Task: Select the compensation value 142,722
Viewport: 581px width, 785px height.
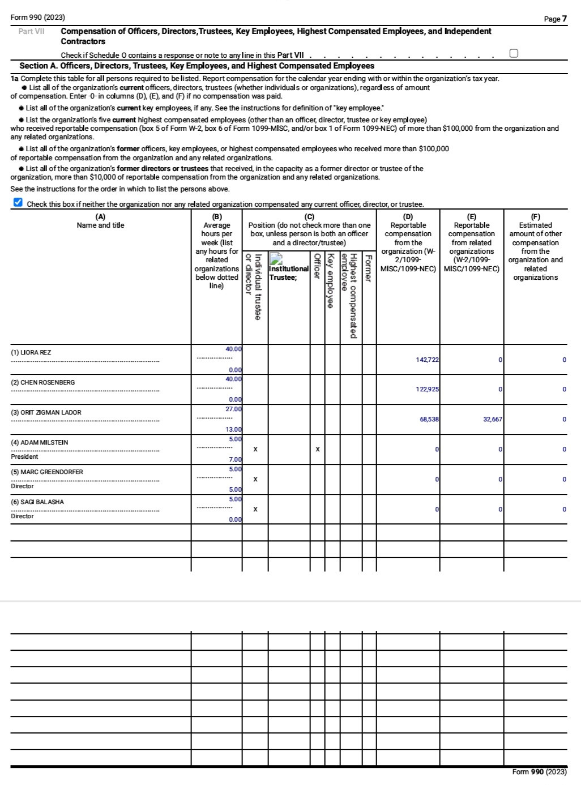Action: (x=427, y=360)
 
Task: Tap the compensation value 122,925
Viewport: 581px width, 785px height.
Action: (x=427, y=390)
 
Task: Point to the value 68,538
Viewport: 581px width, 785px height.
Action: (x=429, y=420)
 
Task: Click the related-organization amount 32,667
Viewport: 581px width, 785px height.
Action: (x=492, y=420)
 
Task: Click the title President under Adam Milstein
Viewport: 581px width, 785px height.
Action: (x=24, y=457)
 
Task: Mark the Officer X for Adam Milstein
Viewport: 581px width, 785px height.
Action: (x=317, y=449)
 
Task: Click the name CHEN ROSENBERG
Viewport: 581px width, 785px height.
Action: (x=43, y=382)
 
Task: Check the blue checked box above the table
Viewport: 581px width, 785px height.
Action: (x=18, y=203)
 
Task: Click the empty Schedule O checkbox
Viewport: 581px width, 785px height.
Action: (x=514, y=53)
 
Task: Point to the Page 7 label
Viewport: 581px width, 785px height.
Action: (x=555, y=19)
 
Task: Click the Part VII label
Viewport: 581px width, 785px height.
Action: (x=31, y=31)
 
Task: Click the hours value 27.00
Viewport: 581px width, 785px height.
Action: (x=233, y=409)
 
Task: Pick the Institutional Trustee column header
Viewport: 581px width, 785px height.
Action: (x=289, y=272)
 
